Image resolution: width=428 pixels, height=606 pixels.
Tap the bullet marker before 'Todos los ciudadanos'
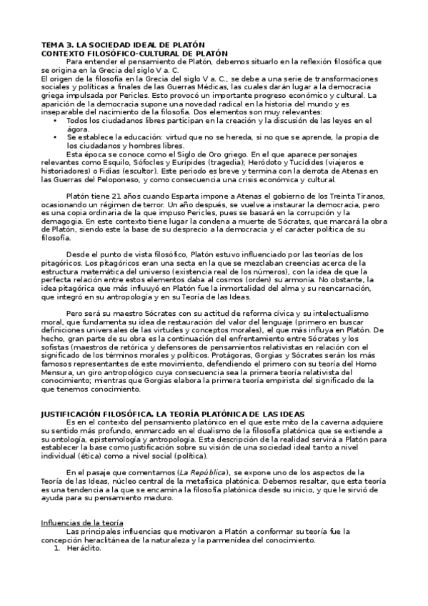(55, 121)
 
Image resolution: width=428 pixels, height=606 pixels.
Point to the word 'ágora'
(77, 129)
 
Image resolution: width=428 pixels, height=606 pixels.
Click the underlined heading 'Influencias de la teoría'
(82, 524)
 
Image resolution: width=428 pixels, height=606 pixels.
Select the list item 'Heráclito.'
(84, 549)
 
